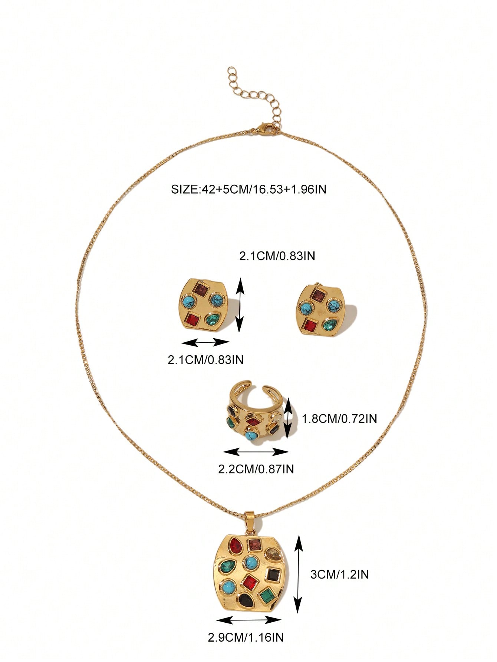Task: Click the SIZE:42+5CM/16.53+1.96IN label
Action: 249,190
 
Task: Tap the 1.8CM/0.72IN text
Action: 339,419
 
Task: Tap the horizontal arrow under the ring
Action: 256,451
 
